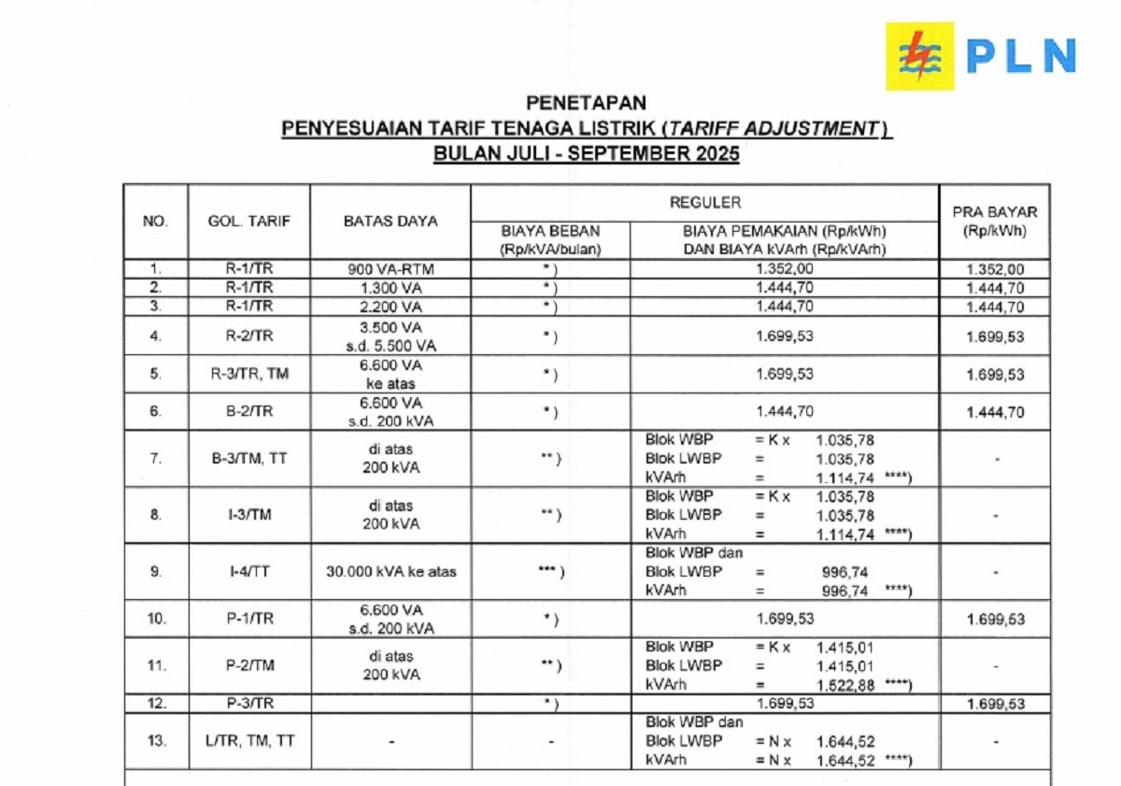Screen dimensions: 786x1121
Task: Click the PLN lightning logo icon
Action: click(x=919, y=56)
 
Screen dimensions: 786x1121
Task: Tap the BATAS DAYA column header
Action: click(x=390, y=222)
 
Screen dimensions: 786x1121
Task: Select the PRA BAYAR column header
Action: click(x=994, y=221)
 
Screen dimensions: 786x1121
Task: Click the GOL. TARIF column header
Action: click(x=249, y=222)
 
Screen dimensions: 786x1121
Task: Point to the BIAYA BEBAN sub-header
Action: click(x=550, y=239)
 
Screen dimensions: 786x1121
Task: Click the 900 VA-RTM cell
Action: click(x=390, y=269)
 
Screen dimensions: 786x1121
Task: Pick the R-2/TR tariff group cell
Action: click(x=249, y=335)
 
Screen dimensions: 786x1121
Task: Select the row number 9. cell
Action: click(x=156, y=571)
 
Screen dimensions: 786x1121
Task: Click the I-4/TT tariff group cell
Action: click(x=249, y=571)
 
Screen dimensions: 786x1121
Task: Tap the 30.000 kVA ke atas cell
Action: click(x=390, y=571)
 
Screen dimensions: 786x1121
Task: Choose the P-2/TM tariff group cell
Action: click(x=249, y=665)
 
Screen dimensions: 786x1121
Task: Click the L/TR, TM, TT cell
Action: click(x=249, y=741)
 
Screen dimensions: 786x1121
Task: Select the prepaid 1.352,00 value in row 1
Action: click(x=994, y=269)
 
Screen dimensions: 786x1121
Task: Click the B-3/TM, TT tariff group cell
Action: click(x=249, y=458)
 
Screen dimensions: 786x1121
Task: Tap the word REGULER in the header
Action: click(x=705, y=203)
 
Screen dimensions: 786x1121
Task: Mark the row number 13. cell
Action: click(x=156, y=741)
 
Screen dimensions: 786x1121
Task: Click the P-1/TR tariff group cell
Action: click(x=249, y=619)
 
